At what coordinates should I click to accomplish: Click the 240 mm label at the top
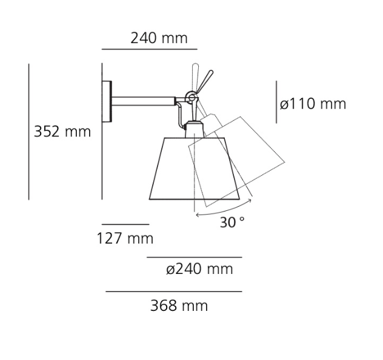tap(159, 38)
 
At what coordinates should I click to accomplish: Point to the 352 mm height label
tap(62, 132)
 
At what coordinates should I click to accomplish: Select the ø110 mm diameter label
tap(313, 104)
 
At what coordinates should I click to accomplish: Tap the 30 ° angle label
tap(232, 222)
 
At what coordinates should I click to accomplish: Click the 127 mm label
tap(125, 238)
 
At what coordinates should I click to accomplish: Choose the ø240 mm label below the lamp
tap(199, 269)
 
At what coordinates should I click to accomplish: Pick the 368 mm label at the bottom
tap(179, 306)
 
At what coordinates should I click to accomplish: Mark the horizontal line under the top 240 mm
tap(149, 49)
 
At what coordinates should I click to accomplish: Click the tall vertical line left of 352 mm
tap(28, 132)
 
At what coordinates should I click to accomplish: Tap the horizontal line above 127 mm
tap(125, 224)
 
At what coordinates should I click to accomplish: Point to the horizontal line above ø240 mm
tap(194, 258)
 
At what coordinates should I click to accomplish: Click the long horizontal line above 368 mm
tap(173, 292)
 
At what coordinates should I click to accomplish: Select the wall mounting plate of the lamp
tap(107, 101)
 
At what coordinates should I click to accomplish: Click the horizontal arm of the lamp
tap(143, 101)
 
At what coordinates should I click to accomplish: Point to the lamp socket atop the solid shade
tap(194, 129)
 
